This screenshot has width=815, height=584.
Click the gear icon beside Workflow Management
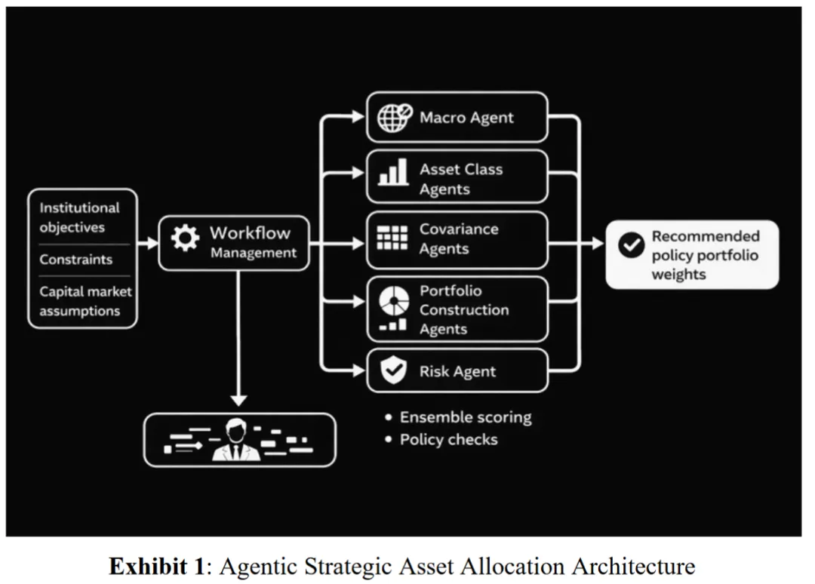(x=185, y=238)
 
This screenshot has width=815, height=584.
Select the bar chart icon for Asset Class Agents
(x=393, y=172)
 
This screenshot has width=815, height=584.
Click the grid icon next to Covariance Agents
(x=392, y=238)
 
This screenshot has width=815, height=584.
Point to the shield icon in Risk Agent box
(x=393, y=370)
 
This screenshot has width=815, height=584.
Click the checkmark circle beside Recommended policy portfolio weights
(x=632, y=244)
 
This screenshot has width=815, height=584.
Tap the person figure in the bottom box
(x=236, y=440)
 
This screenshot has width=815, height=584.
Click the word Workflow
(x=250, y=233)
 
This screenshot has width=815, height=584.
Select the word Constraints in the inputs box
(x=76, y=260)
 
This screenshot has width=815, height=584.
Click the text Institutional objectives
(x=79, y=218)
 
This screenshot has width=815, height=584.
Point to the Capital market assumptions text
(x=86, y=301)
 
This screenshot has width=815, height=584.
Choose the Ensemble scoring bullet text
(x=466, y=417)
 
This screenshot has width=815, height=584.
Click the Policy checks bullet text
(x=448, y=440)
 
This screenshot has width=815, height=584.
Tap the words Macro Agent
(x=466, y=118)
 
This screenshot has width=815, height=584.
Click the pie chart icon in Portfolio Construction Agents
(x=393, y=301)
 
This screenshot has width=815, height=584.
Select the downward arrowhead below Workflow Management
(x=238, y=400)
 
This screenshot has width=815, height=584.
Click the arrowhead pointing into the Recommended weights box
(x=598, y=243)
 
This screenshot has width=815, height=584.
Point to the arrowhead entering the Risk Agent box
(x=358, y=370)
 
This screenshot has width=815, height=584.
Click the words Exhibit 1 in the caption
(x=158, y=566)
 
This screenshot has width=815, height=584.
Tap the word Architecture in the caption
(x=633, y=566)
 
